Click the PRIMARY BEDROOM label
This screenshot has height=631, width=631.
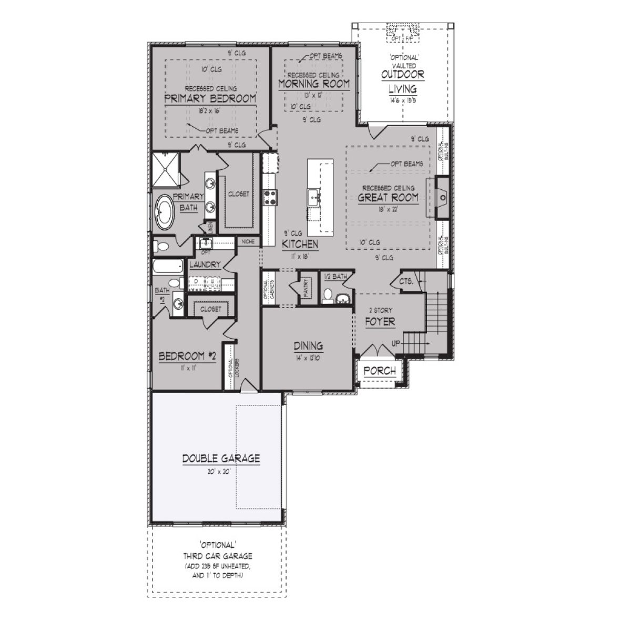pyautogui.click(x=210, y=98)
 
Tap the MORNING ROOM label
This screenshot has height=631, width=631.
pyautogui.click(x=313, y=84)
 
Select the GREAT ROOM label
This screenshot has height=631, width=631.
pyautogui.click(x=388, y=198)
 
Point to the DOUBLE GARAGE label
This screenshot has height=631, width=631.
pyautogui.click(x=221, y=459)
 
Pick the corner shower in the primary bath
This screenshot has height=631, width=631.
pyautogui.click(x=166, y=169)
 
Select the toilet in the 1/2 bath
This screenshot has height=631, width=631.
pyautogui.click(x=327, y=297)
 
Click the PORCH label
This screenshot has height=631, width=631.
pyautogui.click(x=380, y=371)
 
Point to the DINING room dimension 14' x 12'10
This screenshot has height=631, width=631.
pyautogui.click(x=308, y=357)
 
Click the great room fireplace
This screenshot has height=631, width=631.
pyautogui.click(x=441, y=198)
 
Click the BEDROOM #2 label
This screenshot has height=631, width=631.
pyautogui.click(x=188, y=357)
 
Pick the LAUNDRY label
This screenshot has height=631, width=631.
pyautogui.click(x=205, y=265)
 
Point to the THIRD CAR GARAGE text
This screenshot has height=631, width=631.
pyautogui.click(x=218, y=556)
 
